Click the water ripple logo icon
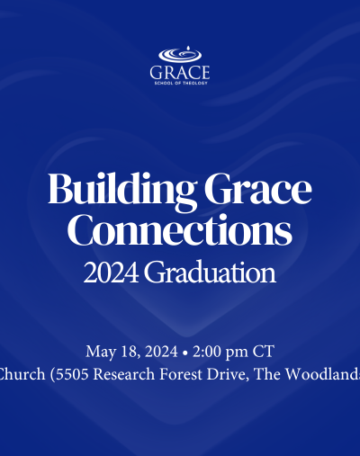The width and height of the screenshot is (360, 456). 180,55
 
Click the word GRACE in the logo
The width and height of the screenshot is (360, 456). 180,73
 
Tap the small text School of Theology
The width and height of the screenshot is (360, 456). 181,83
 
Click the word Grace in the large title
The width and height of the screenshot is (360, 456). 258,190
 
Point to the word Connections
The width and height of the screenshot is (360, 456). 180,230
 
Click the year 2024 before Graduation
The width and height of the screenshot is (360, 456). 111,273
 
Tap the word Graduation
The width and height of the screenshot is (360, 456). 210,273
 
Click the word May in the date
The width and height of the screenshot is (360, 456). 101,352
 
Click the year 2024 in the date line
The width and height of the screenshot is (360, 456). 161,352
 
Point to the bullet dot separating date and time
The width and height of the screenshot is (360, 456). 185,353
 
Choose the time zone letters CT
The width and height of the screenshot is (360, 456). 264,352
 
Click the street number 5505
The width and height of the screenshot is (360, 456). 72,374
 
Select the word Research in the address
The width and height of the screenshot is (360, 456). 124,374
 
